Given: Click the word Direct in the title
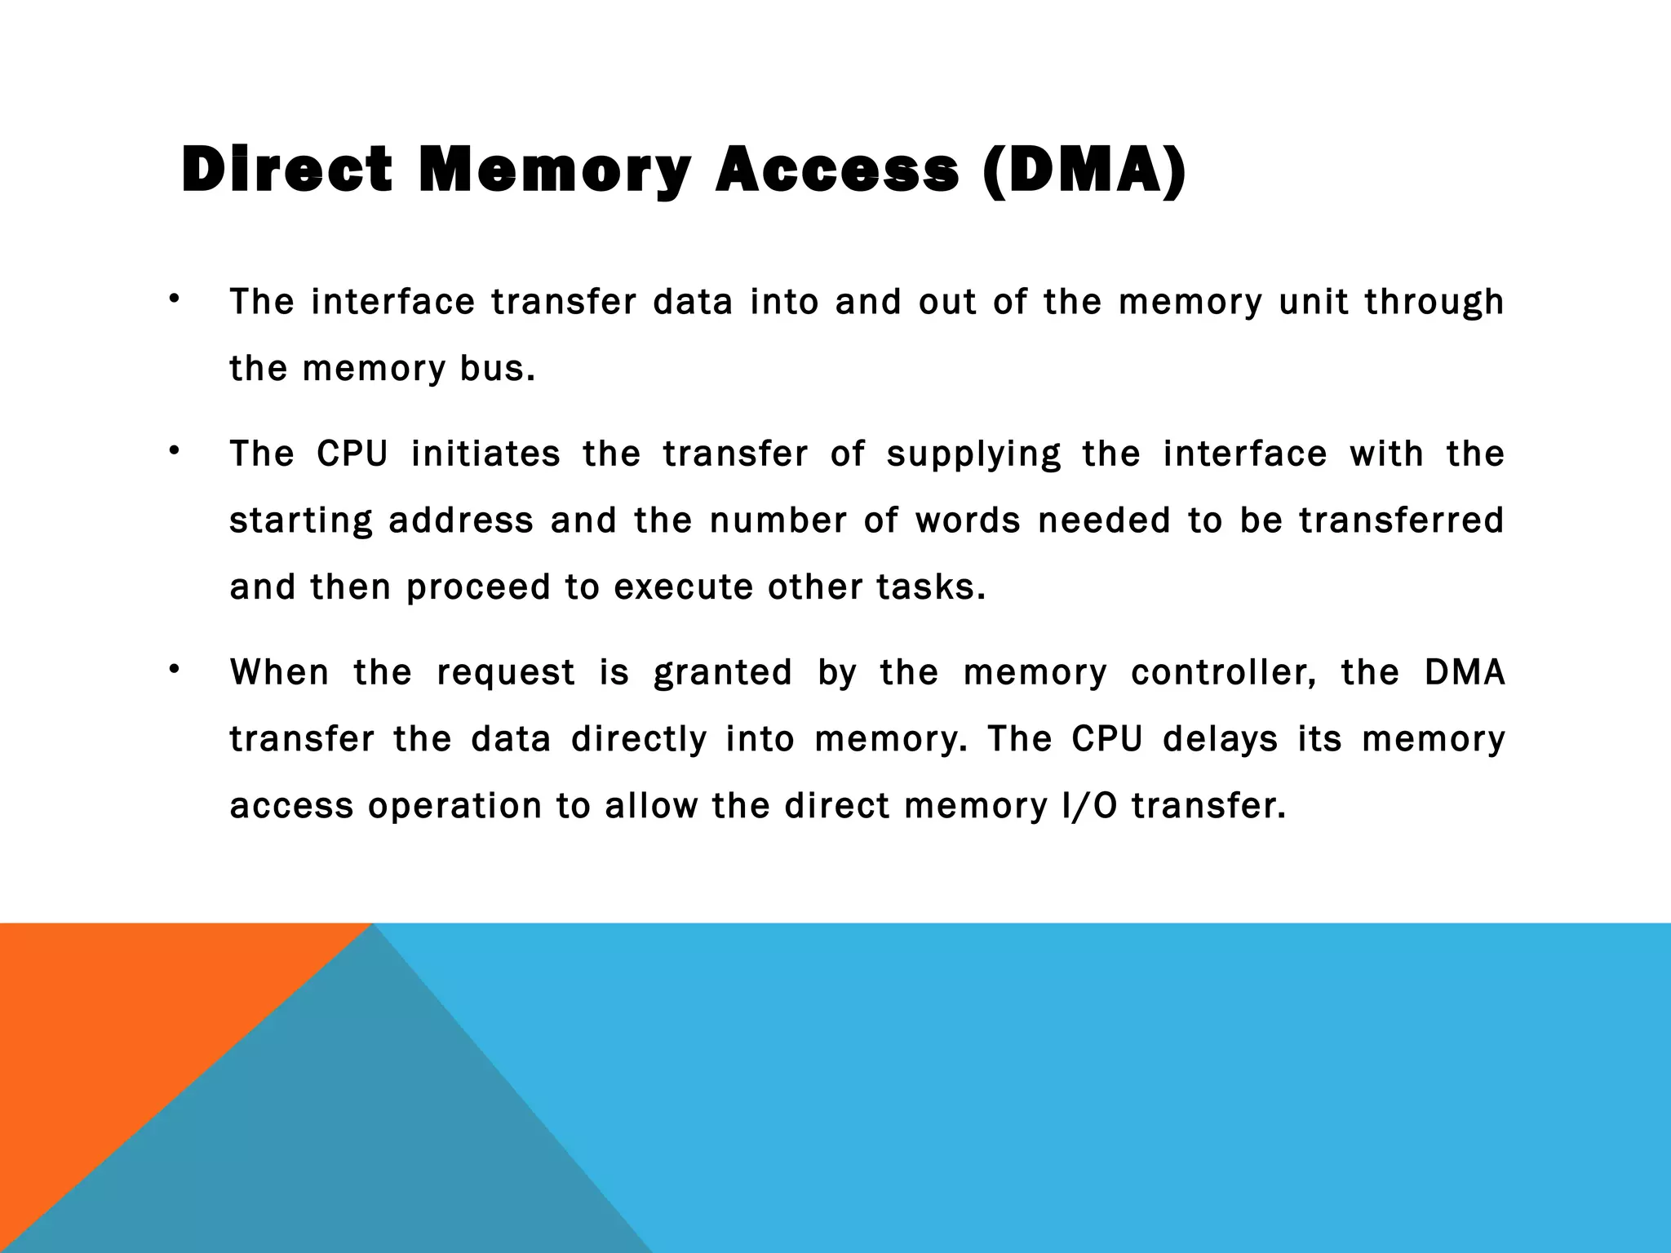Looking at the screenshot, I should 286,170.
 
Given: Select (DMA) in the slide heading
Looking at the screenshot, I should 1084,170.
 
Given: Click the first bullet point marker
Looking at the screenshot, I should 173,299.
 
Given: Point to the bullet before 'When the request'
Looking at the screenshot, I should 173,670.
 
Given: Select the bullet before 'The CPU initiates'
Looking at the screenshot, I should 173,451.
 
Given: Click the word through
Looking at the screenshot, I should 1434,303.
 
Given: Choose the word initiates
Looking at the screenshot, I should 485,454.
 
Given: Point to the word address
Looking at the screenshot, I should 460,521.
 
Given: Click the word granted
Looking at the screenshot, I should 723,674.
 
